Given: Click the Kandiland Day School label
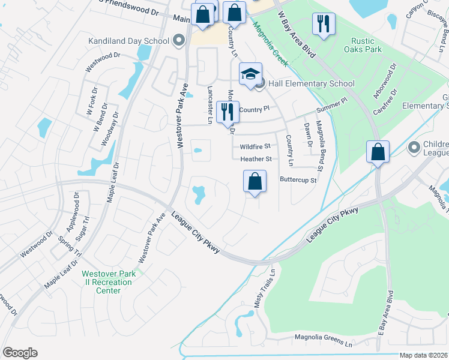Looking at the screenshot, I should coord(128,41).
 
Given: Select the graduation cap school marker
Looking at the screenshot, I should coord(251,74).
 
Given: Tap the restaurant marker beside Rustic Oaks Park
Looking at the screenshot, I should coord(324,24).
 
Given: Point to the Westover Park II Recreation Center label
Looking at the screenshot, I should coord(109,282).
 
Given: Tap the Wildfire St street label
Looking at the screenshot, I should coord(256,146).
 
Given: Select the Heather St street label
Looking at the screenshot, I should coord(256,159).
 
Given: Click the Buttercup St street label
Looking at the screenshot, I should coord(298,179).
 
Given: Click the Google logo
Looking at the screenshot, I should coord(20,353).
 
